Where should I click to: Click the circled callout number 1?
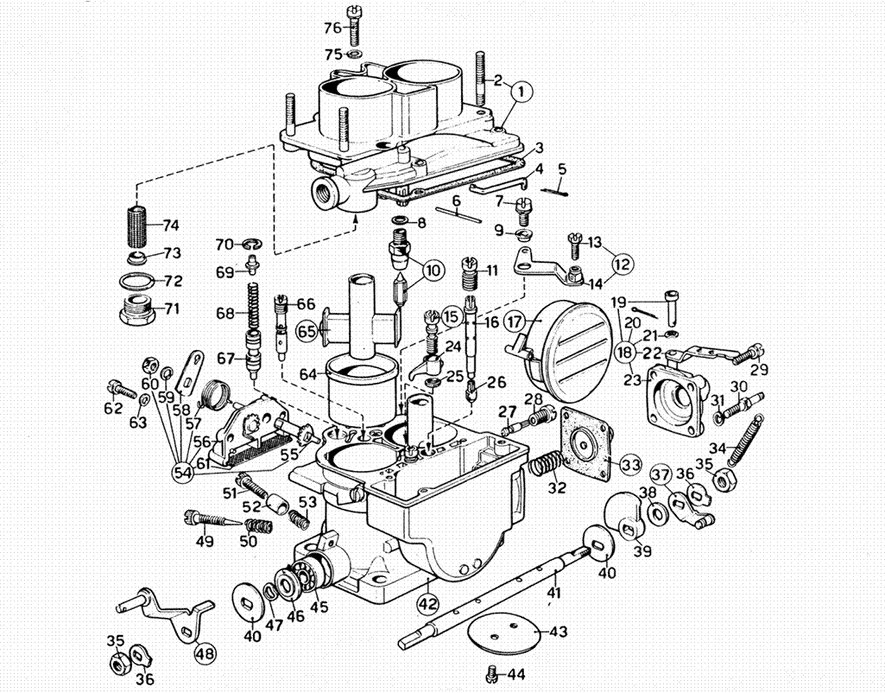click(x=522, y=91)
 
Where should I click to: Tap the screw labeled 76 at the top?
click(x=355, y=26)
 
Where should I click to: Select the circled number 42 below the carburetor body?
click(x=427, y=604)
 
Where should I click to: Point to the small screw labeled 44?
click(x=492, y=672)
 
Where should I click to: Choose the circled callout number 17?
click(x=515, y=322)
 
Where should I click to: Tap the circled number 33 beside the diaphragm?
click(x=630, y=465)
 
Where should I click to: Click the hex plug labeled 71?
click(x=138, y=308)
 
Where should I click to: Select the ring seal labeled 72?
click(x=137, y=280)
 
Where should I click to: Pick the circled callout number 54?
click(x=183, y=473)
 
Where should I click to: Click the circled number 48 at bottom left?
click(x=205, y=653)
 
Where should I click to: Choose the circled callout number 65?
click(x=307, y=331)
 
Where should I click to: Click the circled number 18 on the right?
click(x=625, y=353)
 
